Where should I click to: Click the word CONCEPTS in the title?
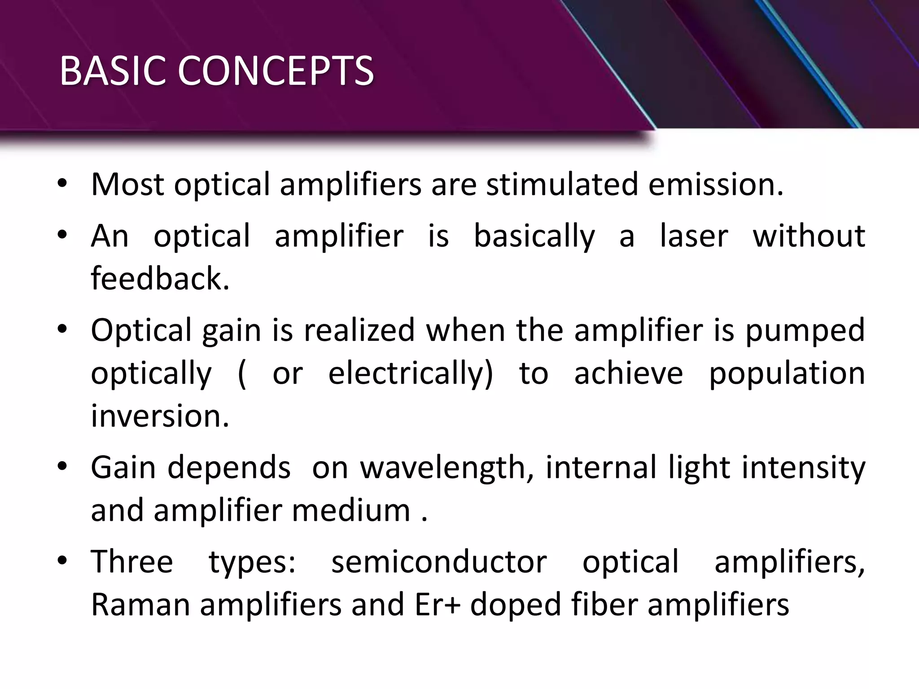tap(276, 71)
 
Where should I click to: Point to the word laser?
tap(694, 236)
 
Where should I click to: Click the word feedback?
tap(160, 279)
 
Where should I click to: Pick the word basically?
tap(534, 237)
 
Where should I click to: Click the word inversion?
tap(160, 416)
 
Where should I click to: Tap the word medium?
tap(351, 510)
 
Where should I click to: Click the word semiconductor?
tap(439, 562)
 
